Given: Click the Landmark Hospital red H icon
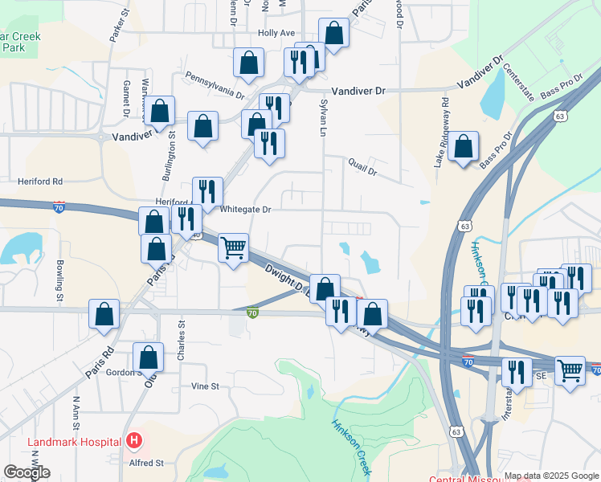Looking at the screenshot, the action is [x=133, y=441].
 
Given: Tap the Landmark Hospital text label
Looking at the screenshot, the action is [x=74, y=442].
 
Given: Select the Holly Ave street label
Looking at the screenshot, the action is [x=276, y=33].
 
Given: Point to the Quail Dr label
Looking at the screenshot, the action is [x=363, y=164].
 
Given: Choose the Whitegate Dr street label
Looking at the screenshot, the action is [x=246, y=209].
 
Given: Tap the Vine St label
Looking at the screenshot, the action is [x=205, y=386].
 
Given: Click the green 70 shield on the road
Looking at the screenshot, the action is [x=252, y=313].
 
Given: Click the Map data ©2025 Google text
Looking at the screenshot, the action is [x=551, y=476].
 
